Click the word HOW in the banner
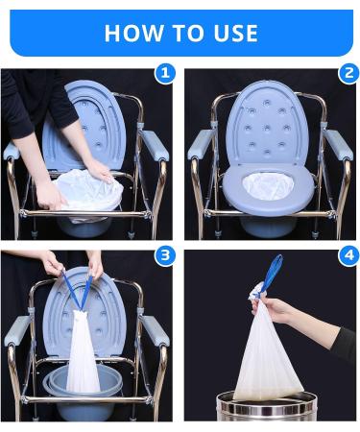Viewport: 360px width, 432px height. coord(127,34)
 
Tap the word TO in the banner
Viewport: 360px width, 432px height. coord(180,34)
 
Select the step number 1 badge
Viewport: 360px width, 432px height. coord(165,73)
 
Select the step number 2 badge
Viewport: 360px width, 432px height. coord(347,73)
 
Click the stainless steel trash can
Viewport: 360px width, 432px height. coord(267,408)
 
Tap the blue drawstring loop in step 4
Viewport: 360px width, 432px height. coord(274,273)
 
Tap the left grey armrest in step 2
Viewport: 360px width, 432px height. coord(201,144)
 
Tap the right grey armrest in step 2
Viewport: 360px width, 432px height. coord(337,144)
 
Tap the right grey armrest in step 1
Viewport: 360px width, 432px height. coord(154,144)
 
